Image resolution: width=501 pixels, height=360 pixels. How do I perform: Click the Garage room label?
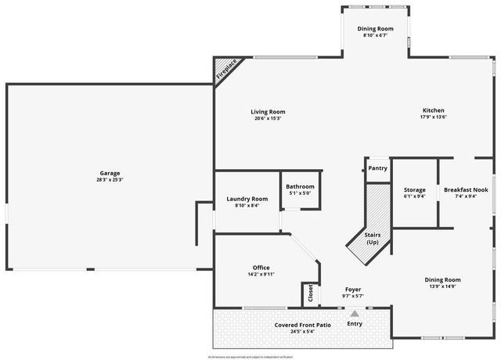click(x=110, y=173)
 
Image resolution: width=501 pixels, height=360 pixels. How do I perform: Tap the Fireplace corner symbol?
click(x=225, y=70)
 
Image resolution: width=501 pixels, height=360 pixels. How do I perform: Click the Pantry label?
click(x=377, y=168)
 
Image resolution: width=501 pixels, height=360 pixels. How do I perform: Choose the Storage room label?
click(x=414, y=189)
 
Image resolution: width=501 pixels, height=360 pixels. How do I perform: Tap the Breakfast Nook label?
click(x=466, y=189)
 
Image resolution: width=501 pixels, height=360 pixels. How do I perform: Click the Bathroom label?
click(x=300, y=186)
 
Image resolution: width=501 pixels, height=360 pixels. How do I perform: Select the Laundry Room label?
click(x=247, y=199)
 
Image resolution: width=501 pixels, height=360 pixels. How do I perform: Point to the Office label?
click(x=261, y=268)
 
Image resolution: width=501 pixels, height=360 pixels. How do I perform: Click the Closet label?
click(x=311, y=293)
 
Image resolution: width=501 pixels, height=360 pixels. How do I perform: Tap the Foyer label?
click(x=352, y=289)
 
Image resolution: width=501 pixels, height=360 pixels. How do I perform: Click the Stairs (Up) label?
click(x=373, y=238)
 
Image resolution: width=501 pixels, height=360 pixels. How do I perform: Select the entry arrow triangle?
click(x=354, y=314)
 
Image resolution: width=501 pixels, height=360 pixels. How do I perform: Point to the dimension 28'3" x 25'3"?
click(x=110, y=180)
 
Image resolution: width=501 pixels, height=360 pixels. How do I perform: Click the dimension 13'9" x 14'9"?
click(x=442, y=286)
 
